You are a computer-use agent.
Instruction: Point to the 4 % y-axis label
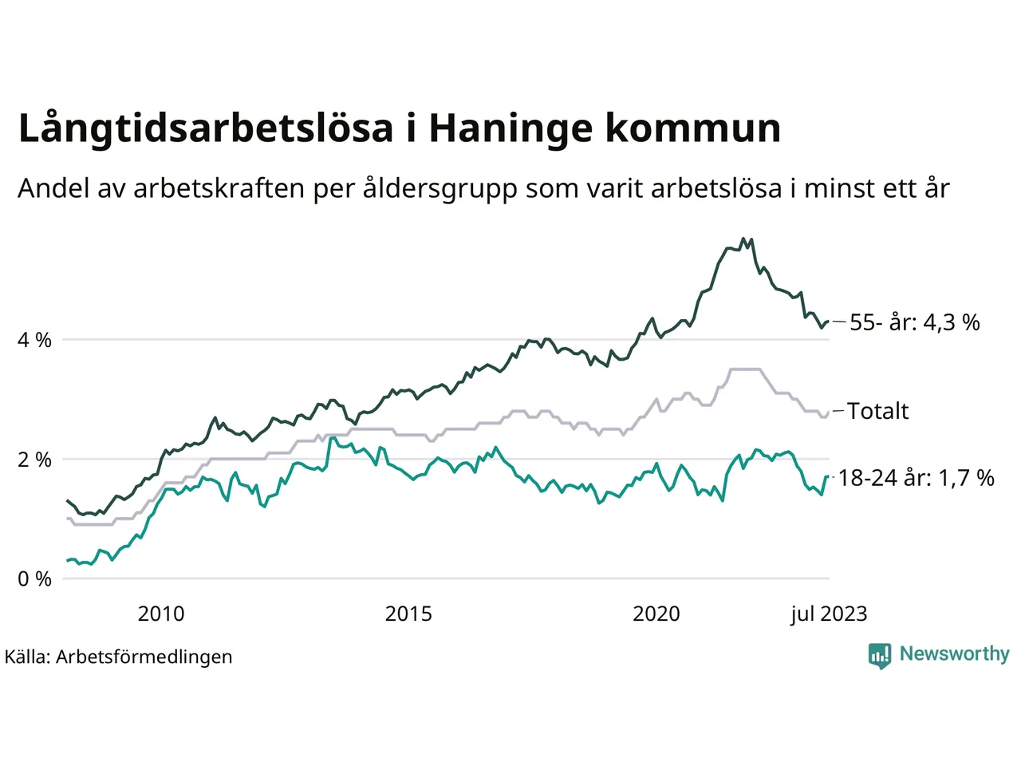coord(34,341)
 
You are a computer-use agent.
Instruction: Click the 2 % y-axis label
coord(34,460)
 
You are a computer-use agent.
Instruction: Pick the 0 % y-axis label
coord(34,579)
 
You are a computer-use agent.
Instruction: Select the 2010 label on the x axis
coord(161,614)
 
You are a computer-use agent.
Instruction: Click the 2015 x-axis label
coord(408,614)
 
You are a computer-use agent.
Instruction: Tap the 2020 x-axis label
coord(656,614)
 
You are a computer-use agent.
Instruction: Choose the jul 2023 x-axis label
coord(829,614)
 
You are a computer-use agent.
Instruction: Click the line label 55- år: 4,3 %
coord(914,322)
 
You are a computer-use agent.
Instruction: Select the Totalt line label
coord(877,411)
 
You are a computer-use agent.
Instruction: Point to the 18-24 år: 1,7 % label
coord(917,478)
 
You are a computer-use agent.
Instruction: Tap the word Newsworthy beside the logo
coord(954,654)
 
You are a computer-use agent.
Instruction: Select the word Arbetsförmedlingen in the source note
coord(144,657)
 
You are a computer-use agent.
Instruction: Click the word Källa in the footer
coord(28,657)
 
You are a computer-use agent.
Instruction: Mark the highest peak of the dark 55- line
coord(743,239)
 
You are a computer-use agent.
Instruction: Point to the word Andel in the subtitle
coord(49,189)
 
